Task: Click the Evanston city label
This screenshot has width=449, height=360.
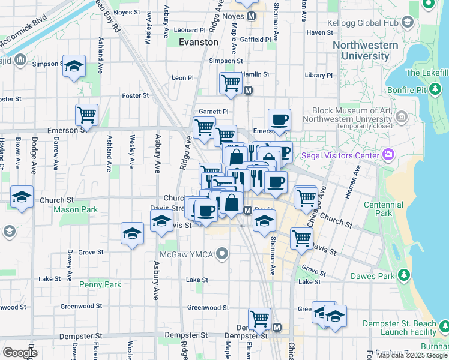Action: [x=199, y=42]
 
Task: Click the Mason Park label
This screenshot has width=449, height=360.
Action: [x=75, y=210]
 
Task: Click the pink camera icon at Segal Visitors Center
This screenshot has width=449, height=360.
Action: [x=388, y=155]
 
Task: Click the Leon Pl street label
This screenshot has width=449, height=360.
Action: [x=182, y=78]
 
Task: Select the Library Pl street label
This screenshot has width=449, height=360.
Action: [x=318, y=75]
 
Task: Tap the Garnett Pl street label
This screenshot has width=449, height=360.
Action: [x=213, y=112]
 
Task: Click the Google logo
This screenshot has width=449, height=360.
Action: [x=20, y=353]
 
